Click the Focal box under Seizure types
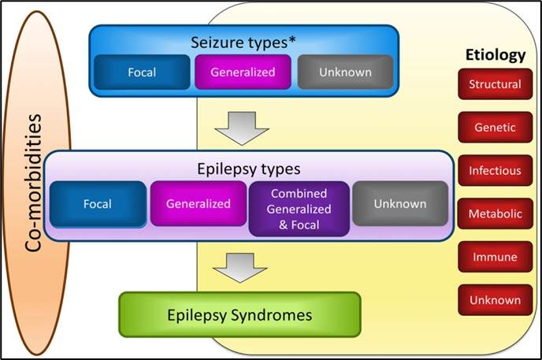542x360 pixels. tap(142, 72)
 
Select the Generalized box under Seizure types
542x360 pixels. tap(243, 72)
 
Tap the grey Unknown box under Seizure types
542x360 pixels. tap(345, 72)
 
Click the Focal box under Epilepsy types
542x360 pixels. tap(98, 204)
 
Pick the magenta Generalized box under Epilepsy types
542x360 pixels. tap(199, 203)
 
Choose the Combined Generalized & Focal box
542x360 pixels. tap(299, 209)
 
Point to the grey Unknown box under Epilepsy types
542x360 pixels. tap(400, 203)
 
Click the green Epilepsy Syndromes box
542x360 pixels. tap(239, 315)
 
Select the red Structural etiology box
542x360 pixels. tap(495, 84)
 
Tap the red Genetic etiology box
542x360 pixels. tap(495, 127)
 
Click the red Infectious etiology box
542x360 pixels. tap(495, 170)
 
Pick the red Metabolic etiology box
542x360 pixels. tap(495, 213)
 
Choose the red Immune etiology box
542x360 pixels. tap(495, 257)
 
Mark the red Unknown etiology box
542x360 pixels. tap(495, 300)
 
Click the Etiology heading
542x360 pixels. tap(496, 55)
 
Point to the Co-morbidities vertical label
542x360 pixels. tap(34, 183)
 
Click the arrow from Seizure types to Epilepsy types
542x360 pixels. tap(242, 128)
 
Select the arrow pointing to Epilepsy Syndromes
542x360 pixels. tap(240, 268)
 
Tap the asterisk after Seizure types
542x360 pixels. tap(292, 40)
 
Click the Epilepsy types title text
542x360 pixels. tap(248, 169)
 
